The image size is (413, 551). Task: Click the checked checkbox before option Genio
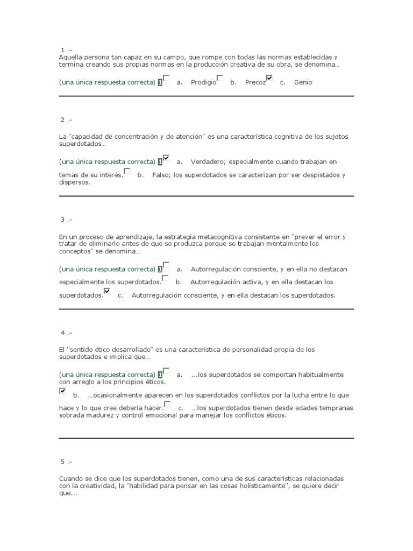[269, 78]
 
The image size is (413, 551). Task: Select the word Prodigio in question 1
[203, 82]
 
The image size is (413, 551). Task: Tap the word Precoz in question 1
[255, 82]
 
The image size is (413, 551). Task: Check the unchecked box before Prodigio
[167, 78]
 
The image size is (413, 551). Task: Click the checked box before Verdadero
[166, 158]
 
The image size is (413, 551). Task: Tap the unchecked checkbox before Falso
[127, 171]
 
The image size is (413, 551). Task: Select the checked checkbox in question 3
[107, 291]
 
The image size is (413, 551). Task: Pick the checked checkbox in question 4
[62, 391]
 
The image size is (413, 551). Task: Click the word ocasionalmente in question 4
[111, 395]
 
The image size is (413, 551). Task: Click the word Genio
[303, 82]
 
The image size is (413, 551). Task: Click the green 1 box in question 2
[160, 162]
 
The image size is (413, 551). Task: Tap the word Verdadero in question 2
[207, 162]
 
